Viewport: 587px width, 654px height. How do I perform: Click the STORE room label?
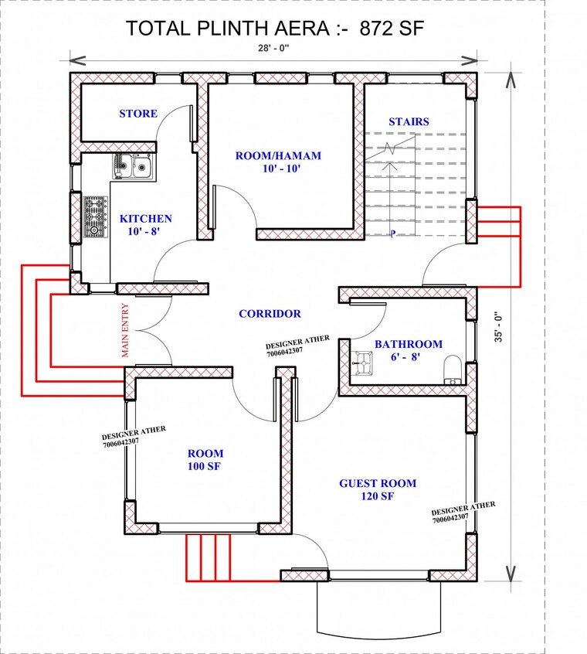click(138, 114)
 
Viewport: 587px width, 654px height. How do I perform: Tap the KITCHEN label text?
click(146, 219)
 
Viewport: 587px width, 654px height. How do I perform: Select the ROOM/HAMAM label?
click(278, 155)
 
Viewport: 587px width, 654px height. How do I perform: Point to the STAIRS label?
click(409, 121)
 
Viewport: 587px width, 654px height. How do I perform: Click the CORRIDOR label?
click(270, 314)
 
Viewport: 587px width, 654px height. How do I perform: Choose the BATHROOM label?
click(409, 344)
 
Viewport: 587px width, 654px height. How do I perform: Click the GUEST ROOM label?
click(378, 483)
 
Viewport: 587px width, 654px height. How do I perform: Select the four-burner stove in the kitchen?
click(94, 216)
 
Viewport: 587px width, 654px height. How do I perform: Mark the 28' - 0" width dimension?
click(273, 47)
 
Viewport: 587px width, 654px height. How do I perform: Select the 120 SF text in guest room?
click(378, 496)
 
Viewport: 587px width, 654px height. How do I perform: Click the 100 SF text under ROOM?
click(205, 467)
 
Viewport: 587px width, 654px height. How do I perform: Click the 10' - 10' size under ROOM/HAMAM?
click(278, 169)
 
